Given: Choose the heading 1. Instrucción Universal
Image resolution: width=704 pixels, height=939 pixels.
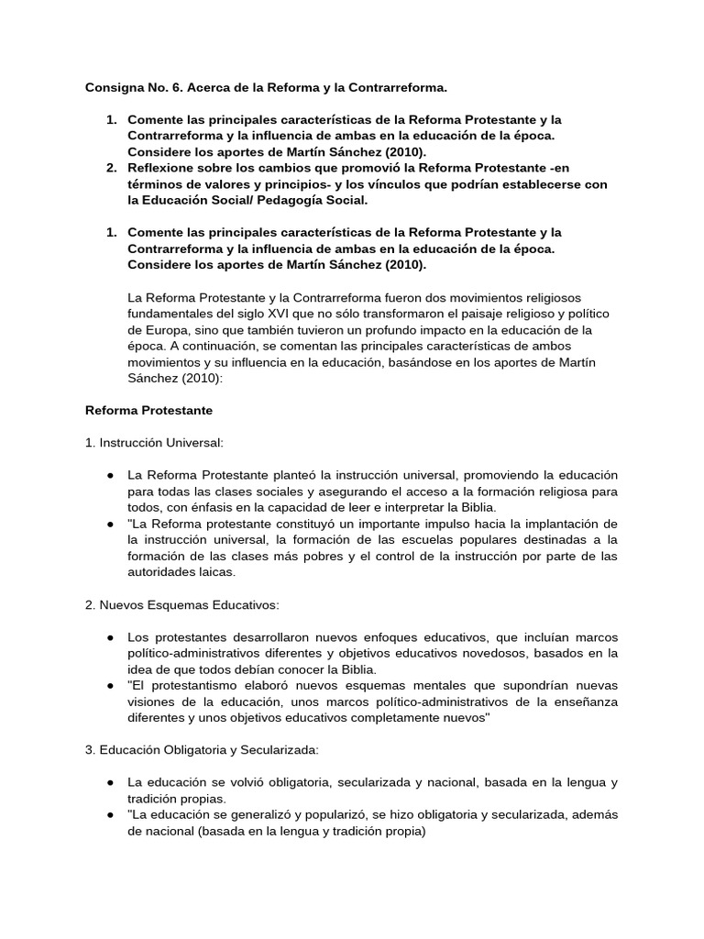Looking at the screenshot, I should tap(154, 442).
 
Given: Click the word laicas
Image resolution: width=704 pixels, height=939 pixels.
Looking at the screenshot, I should tap(215, 571).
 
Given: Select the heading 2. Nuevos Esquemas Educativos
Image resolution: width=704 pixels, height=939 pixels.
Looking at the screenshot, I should tap(182, 604).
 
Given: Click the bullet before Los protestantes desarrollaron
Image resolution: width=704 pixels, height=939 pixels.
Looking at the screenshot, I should tap(110, 637).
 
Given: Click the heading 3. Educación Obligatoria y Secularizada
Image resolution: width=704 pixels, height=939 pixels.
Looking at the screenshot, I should tap(202, 750).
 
